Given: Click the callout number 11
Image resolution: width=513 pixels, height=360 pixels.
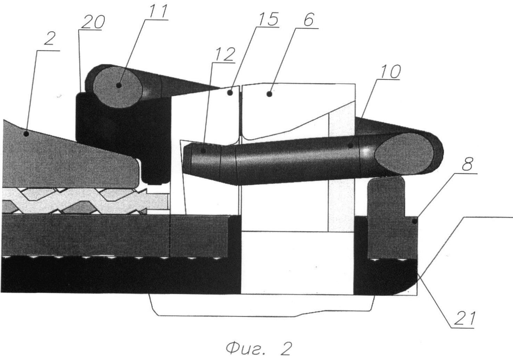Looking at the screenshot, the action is [x=158, y=10].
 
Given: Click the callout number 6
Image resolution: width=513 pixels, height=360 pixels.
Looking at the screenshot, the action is [x=308, y=20].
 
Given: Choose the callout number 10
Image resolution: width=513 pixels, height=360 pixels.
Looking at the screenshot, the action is [x=390, y=72].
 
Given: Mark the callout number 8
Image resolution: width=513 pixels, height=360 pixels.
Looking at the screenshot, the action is [x=467, y=164].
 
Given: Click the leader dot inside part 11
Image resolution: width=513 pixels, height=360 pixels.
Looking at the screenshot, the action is [x=119, y=86].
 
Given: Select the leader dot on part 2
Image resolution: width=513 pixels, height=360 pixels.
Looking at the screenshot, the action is [x=26, y=133].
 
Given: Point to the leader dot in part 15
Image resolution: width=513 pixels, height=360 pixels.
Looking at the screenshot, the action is [x=230, y=93].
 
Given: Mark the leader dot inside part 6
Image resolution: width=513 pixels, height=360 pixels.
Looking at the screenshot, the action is [x=269, y=94].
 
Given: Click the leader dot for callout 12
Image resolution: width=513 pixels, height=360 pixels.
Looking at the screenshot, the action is [x=203, y=151].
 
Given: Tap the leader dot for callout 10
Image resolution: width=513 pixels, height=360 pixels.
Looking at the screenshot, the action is [x=350, y=145].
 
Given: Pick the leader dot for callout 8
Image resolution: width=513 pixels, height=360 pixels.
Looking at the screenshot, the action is [x=414, y=221].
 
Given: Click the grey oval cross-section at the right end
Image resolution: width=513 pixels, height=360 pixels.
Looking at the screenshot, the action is [x=404, y=153].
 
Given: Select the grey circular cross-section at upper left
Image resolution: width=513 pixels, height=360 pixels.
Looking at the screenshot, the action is [x=118, y=87].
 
